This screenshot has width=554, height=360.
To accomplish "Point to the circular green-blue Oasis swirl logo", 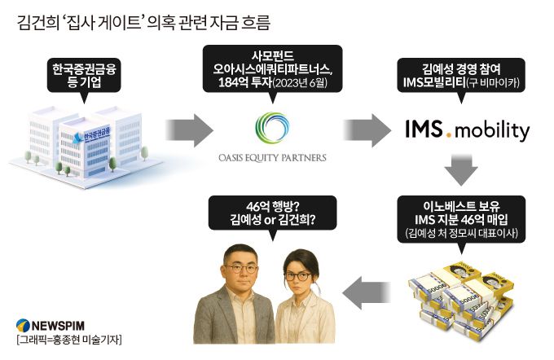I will coord(272,128).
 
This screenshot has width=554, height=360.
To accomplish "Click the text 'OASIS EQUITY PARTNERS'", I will coord(272,157).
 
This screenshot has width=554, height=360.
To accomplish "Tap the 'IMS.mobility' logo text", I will coord(467,129).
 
